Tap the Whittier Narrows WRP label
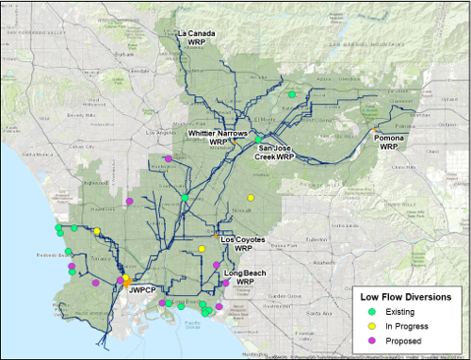[219, 139]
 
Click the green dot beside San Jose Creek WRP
[257, 139]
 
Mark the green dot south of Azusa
[292, 94]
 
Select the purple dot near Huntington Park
[168, 159]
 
